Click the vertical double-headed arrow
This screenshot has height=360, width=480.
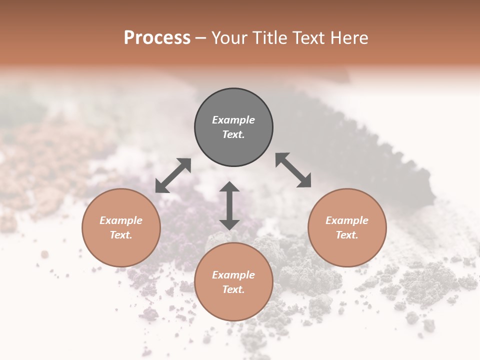point(229,205)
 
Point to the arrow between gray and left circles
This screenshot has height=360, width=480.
point(173,175)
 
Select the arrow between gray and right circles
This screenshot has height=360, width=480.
point(293,170)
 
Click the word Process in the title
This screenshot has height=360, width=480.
point(157,38)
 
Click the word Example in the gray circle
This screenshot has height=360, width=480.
point(233,120)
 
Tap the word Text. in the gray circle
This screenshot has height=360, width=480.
point(233,134)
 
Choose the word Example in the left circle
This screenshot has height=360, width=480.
point(121,220)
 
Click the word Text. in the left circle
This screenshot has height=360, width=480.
point(121,235)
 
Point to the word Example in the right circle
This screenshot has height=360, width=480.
point(347,220)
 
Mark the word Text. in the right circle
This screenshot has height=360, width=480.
point(347,235)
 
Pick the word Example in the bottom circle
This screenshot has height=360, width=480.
point(233,275)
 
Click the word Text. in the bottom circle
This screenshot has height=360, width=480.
point(233,289)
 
